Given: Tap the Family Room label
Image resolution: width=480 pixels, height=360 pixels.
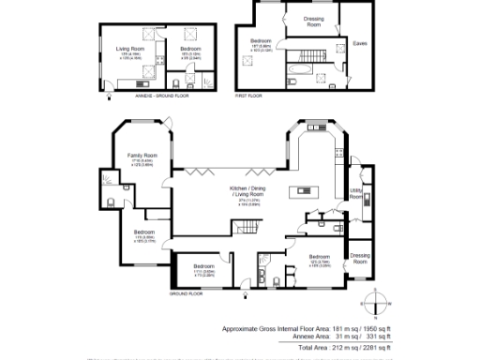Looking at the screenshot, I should tap(142, 157).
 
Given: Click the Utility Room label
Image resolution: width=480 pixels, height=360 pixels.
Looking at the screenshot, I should tap(356, 193).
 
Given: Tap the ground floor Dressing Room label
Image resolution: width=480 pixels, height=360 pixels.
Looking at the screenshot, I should tap(360, 256).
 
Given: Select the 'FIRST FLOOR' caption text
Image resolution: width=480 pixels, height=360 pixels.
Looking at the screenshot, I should tap(248, 96).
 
